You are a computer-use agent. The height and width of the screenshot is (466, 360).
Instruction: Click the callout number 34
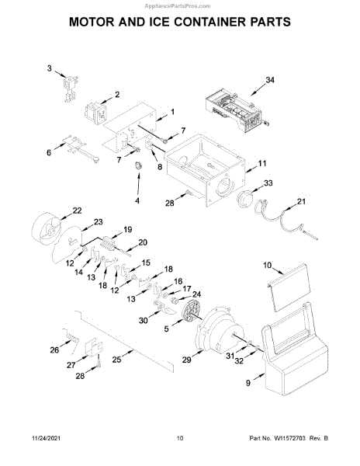coord(270,80)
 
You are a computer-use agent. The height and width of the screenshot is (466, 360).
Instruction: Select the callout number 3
coord(49,68)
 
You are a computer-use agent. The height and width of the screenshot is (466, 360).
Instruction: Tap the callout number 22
coord(77,210)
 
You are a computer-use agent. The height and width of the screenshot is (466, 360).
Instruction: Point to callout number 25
coord(116,360)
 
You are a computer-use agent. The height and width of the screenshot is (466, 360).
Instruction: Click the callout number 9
coord(248,383)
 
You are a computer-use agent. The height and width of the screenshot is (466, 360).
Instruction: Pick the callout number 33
coord(268,183)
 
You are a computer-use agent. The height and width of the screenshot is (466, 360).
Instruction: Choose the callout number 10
coord(268,265)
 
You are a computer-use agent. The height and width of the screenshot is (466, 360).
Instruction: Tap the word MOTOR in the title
coord(92,22)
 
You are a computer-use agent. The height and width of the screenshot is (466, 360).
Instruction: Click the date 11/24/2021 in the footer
coord(46,438)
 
